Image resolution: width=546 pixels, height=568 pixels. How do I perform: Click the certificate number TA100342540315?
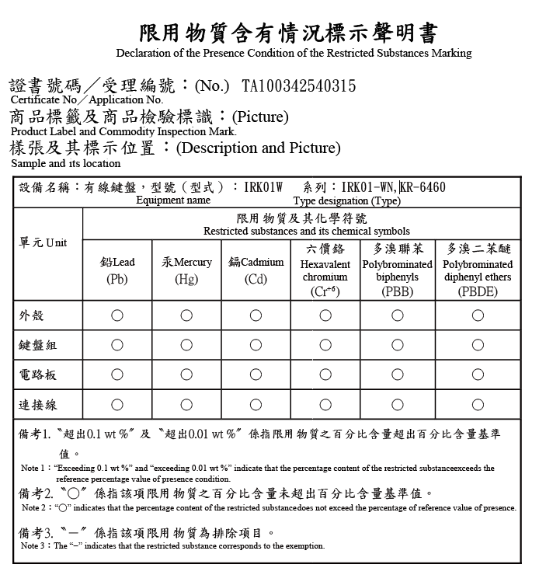click(x=299, y=85)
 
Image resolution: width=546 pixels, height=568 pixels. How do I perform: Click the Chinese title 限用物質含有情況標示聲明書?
click(x=288, y=33)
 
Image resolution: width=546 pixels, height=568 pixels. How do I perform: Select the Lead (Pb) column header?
click(x=117, y=270)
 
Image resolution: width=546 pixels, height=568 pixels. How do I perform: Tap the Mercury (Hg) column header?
click(x=186, y=270)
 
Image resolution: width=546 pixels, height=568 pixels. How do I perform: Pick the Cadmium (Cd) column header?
click(x=256, y=270)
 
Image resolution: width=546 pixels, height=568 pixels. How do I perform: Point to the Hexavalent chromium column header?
click(x=325, y=270)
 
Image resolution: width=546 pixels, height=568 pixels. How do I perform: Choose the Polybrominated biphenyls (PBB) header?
click(x=397, y=270)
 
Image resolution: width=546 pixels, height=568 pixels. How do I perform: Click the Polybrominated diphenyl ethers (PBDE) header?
click(x=478, y=270)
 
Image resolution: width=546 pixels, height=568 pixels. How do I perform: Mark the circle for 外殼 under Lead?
click(x=117, y=315)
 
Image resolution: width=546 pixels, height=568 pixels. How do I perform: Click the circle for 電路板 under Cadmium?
click(x=256, y=375)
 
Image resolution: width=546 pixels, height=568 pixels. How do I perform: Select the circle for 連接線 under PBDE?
click(x=478, y=405)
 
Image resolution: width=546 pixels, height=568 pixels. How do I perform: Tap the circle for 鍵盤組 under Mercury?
click(x=186, y=345)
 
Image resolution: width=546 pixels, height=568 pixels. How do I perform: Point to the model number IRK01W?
click(x=264, y=187)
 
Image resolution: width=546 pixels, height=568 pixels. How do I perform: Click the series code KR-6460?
click(x=423, y=187)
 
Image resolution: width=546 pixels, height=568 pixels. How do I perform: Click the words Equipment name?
click(x=173, y=200)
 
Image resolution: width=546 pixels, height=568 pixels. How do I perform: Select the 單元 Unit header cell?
click(x=43, y=243)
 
